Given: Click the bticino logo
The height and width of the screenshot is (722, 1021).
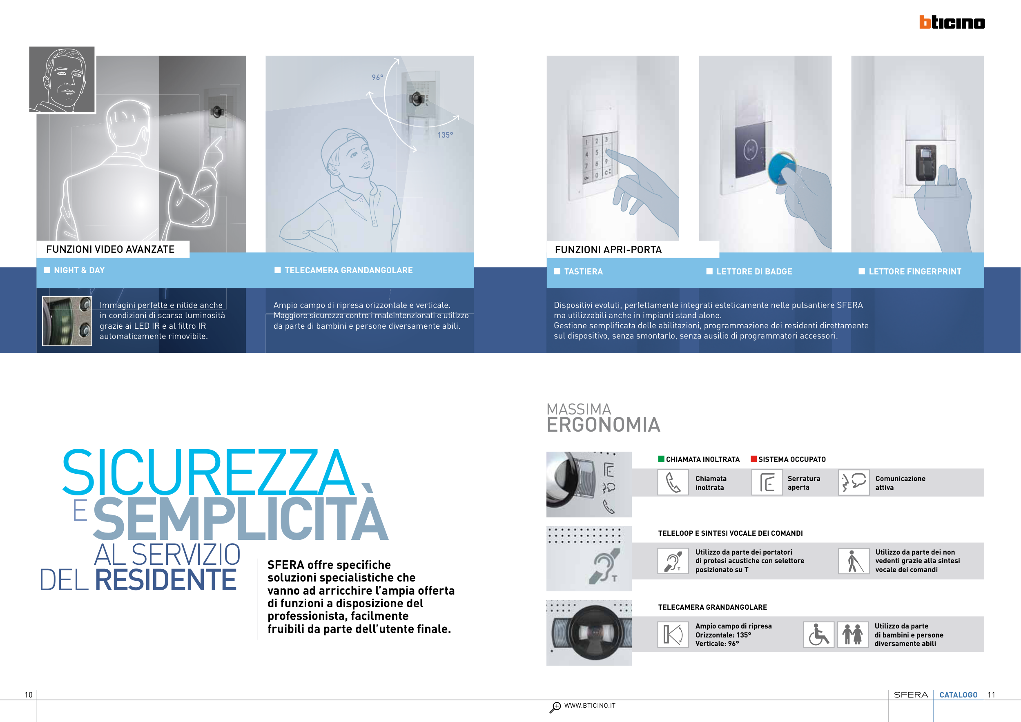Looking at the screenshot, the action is coord(952,22).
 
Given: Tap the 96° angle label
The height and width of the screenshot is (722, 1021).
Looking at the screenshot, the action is coord(377,77).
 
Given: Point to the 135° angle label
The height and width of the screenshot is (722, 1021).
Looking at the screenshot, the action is coord(445,135).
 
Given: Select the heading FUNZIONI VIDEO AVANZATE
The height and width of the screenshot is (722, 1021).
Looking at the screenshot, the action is coord(110,250).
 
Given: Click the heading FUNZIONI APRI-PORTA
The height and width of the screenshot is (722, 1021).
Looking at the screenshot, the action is coord(609,250).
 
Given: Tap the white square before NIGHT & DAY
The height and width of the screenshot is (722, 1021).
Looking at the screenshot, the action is coord(47,270).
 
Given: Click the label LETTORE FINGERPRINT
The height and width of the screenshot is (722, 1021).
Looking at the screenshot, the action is coord(915,271).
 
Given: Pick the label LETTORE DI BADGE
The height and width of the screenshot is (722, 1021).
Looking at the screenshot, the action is coord(754,271).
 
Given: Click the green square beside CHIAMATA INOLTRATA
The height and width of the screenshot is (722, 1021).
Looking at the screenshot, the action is coord(661,459).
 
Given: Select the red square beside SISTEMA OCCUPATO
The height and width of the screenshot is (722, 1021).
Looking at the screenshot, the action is coord(754,459).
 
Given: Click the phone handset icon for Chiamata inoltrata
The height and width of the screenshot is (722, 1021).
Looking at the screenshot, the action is coord(673,482).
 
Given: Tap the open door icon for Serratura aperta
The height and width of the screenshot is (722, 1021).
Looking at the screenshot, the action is coord(767,482).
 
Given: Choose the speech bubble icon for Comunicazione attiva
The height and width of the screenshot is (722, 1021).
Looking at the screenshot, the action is coord(854,482).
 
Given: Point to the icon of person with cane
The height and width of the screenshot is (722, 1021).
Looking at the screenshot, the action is coord(854,561).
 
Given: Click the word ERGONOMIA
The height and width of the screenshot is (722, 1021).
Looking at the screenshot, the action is coord(604,425).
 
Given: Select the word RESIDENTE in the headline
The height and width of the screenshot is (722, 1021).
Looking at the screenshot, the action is coord(165,580).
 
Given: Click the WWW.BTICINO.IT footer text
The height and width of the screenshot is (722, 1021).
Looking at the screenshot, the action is coord(590,706).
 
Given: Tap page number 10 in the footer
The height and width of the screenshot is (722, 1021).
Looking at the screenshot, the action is coord(29,695).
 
